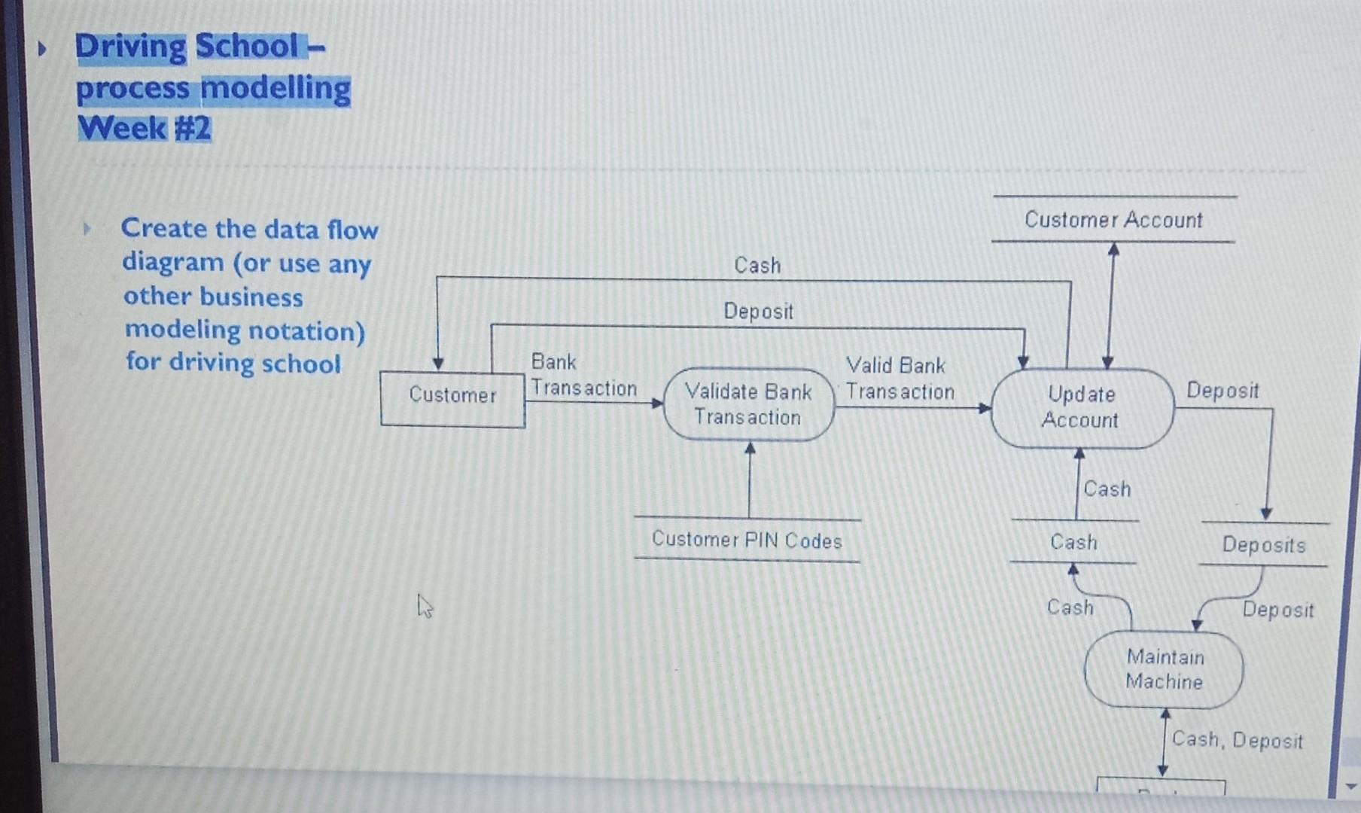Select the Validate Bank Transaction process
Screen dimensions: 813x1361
[x=748, y=404]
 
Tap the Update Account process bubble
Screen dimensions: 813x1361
[x=1082, y=407]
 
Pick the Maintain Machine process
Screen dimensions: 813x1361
[x=1164, y=669]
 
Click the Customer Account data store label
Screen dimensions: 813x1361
[x=1113, y=220]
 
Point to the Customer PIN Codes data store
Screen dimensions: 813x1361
[x=747, y=540]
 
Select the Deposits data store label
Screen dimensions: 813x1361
[x=1264, y=544]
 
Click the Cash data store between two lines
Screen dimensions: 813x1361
[x=1073, y=542]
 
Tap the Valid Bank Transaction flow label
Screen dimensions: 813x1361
[x=900, y=379]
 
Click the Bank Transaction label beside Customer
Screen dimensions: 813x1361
[x=583, y=375]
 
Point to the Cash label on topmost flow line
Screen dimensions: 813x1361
[x=757, y=266]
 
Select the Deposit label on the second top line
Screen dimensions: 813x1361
[x=758, y=311]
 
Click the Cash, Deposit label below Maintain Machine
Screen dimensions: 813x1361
[x=1237, y=740]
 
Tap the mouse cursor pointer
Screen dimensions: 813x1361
[x=425, y=605]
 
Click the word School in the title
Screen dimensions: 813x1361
[x=247, y=47]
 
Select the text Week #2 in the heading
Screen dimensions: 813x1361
[x=144, y=128]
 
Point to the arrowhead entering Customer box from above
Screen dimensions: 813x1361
[x=438, y=364]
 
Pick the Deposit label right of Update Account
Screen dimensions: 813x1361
[x=1222, y=391]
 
